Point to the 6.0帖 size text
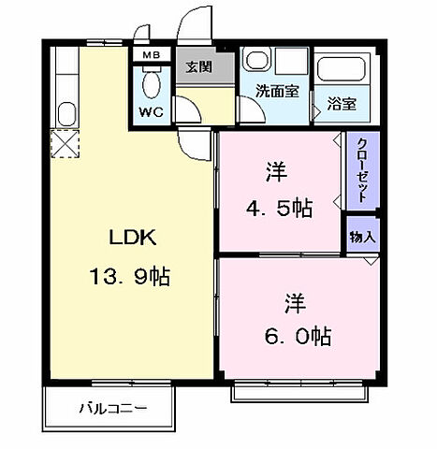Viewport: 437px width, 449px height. pyautogui.click(x=295, y=335)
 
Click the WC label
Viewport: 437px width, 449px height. pyautogui.click(x=151, y=112)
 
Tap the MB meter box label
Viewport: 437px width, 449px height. pyautogui.click(x=151, y=55)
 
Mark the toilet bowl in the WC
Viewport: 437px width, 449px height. pyautogui.click(x=151, y=86)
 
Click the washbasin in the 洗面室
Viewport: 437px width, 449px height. pyautogui.click(x=256, y=61)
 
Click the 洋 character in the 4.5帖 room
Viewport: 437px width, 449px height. pyautogui.click(x=275, y=172)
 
